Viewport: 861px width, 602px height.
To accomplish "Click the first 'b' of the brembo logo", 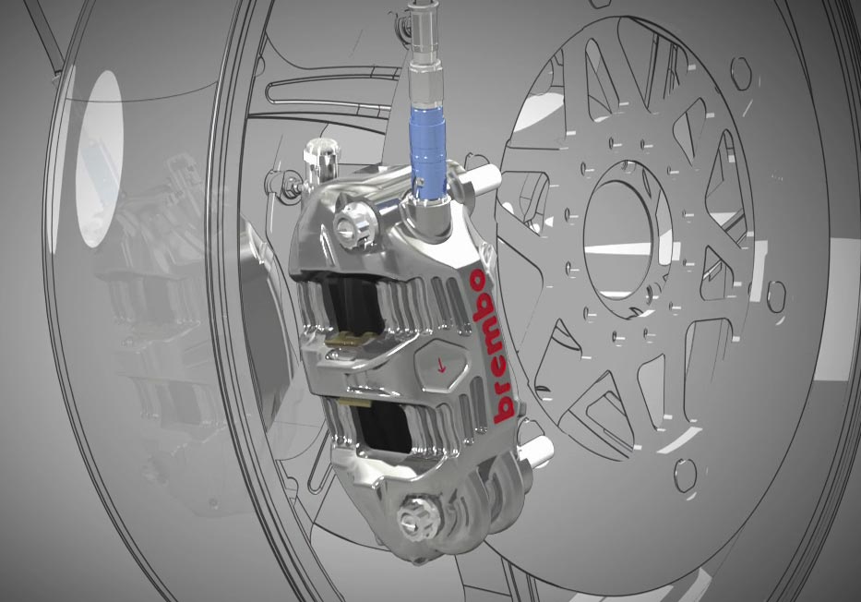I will [x=503, y=407].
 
